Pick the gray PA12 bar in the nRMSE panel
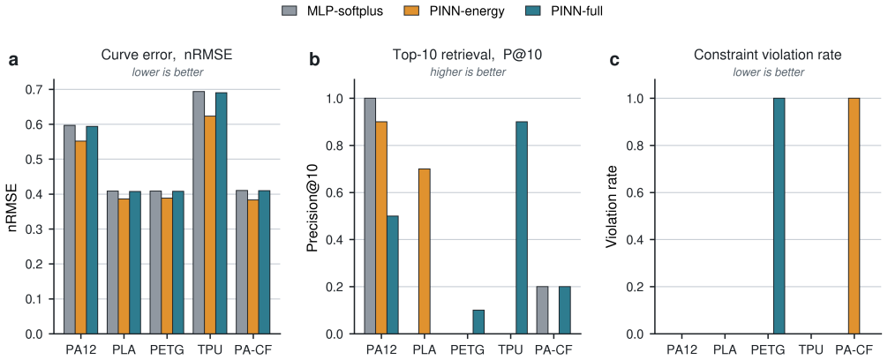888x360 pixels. point(69,229)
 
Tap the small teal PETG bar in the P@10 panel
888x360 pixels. point(478,322)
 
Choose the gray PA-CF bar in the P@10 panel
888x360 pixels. point(542,311)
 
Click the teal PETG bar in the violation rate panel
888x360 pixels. point(779,216)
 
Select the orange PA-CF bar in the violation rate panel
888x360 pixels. point(854,216)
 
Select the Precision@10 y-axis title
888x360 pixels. point(312,215)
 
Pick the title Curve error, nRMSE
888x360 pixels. point(167,55)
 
